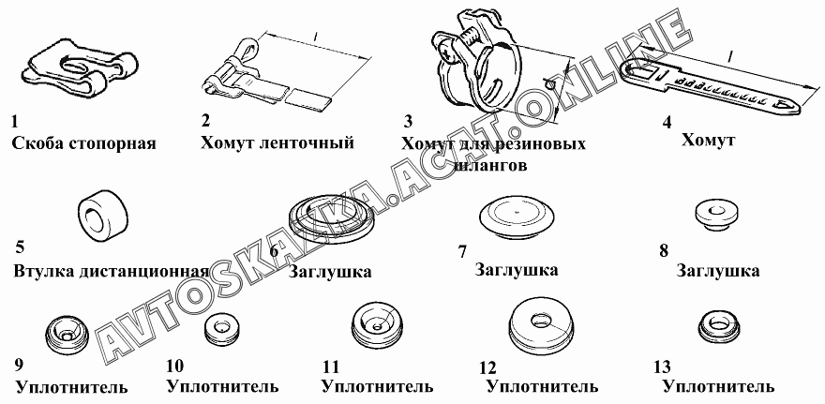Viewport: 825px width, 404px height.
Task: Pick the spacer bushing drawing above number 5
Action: [103, 213]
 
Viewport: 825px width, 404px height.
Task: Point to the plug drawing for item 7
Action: [517, 214]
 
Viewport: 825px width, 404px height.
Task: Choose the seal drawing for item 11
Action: [378, 324]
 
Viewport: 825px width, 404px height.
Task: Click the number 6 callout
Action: [274, 250]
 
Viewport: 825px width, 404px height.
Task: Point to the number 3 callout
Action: [409, 122]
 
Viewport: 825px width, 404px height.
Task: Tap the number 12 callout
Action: [487, 367]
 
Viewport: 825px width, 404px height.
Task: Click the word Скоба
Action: [37, 143]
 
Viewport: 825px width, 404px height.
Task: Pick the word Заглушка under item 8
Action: [718, 271]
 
